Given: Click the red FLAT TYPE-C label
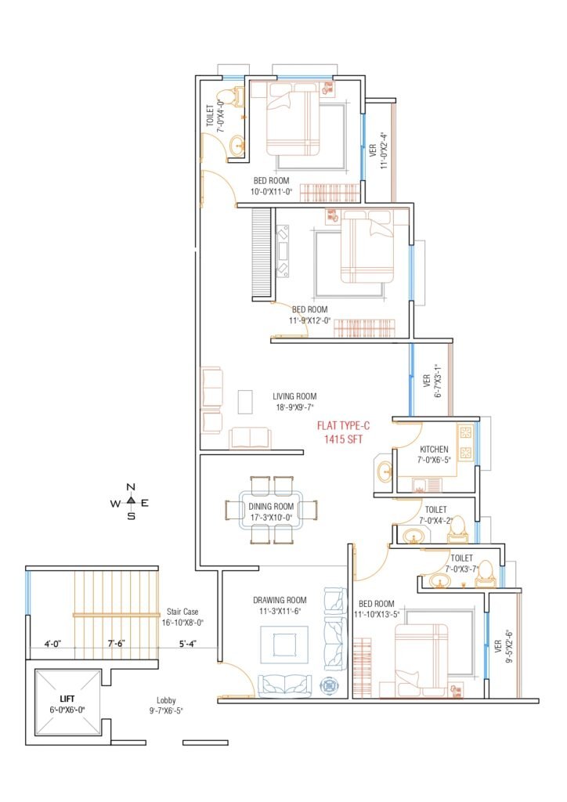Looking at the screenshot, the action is click(x=343, y=425).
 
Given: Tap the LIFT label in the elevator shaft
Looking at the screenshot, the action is click(x=67, y=699).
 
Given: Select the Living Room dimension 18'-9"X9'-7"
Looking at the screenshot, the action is click(x=294, y=407).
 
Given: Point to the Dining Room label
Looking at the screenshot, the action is click(x=271, y=507).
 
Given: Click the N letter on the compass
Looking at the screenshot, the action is click(x=131, y=487).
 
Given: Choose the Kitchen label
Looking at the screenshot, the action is click(x=434, y=449).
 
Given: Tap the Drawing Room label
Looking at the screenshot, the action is click(x=280, y=600).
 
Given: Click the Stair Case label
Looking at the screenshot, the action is click(x=182, y=612).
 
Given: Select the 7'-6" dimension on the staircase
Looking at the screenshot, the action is click(x=117, y=644).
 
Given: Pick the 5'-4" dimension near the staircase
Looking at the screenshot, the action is click(x=188, y=644).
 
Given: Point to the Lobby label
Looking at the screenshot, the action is click(x=166, y=701).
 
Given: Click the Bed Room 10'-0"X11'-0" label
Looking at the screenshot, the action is click(x=272, y=186).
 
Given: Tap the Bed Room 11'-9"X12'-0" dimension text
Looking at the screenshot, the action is click(x=310, y=320).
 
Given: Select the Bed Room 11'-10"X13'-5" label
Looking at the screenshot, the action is click(x=376, y=609).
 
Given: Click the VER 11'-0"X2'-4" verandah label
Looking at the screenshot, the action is click(x=378, y=151).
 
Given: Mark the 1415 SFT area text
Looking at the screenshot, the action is click(x=343, y=439).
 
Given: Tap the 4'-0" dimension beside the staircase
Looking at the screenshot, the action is click(x=52, y=644).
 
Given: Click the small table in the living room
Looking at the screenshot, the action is click(x=245, y=402).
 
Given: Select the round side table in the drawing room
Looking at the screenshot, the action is click(x=327, y=686).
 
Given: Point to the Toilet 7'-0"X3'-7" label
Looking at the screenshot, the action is click(x=461, y=563).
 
